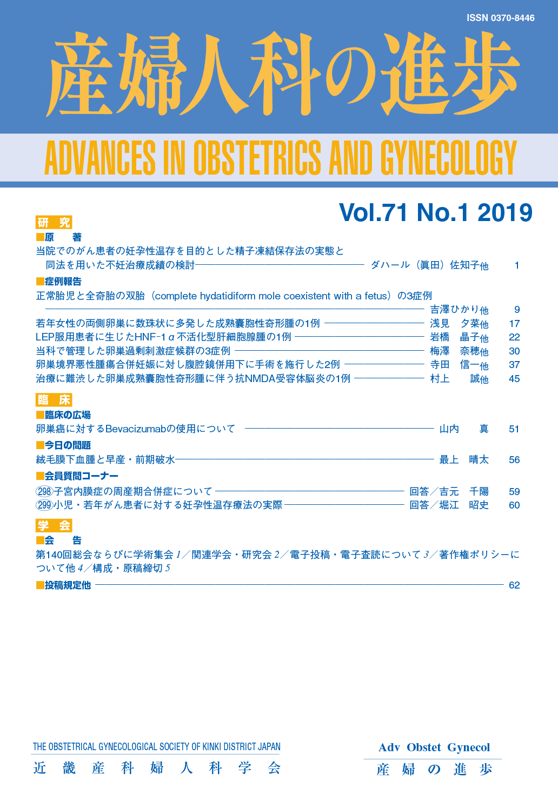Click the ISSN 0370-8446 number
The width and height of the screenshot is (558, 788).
[500, 18]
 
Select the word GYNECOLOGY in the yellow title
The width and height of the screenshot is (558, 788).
[448, 158]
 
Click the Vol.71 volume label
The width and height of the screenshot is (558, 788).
[374, 212]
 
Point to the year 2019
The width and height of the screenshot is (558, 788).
[505, 212]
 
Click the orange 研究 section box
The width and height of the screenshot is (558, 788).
[54, 222]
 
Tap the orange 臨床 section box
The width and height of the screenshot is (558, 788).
[54, 400]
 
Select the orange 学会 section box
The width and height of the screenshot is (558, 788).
[54, 525]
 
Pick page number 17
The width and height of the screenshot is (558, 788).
[514, 324]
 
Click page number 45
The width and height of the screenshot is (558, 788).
[514, 379]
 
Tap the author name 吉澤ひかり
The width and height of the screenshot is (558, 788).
[454, 310]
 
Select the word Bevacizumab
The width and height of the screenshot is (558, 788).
[135, 429]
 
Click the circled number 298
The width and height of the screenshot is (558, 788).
[44, 491]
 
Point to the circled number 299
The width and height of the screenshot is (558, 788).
[44, 505]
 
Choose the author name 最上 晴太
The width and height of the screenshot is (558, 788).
[464, 460]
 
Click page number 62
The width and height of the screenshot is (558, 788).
[514, 585]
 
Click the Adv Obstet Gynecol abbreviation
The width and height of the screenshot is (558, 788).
[434, 747]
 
